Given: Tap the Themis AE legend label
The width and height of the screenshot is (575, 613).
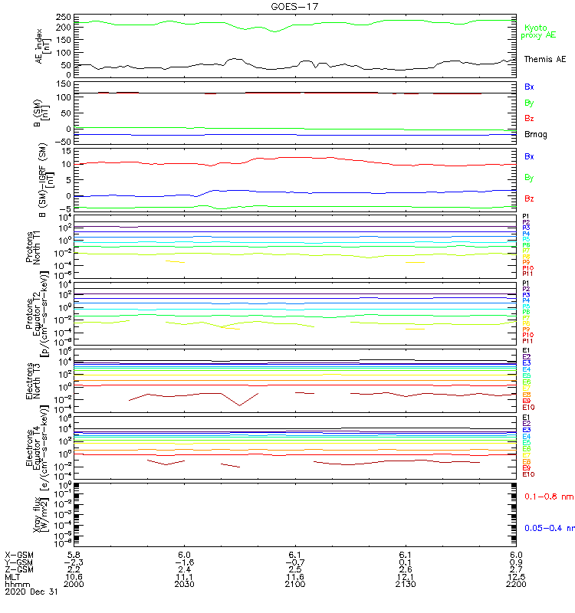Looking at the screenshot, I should pyautogui.click(x=545, y=59).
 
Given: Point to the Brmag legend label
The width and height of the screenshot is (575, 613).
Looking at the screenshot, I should pyautogui.click(x=536, y=135).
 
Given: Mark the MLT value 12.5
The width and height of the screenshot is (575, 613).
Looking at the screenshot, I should pyautogui.click(x=516, y=576).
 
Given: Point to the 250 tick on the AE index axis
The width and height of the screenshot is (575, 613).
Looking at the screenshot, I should pyautogui.click(x=64, y=17).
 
